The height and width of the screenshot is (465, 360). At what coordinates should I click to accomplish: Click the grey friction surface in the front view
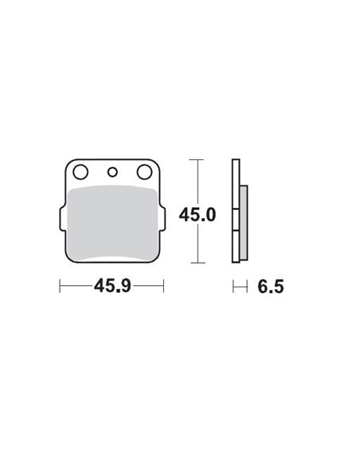[x=112, y=223]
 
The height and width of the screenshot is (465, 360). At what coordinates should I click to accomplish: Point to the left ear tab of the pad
[x=61, y=216]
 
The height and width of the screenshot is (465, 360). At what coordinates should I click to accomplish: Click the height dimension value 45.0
[x=199, y=216]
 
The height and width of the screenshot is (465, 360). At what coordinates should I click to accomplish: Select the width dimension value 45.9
[x=112, y=285]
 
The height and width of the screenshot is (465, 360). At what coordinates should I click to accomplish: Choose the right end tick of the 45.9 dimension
[x=163, y=284]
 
